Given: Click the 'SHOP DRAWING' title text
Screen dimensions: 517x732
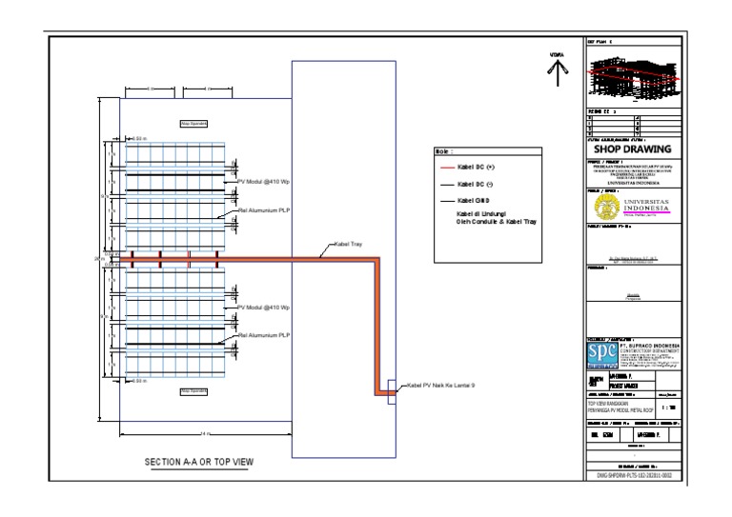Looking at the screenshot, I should [633, 149].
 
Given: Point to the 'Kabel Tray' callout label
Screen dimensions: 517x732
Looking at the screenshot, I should [348, 246].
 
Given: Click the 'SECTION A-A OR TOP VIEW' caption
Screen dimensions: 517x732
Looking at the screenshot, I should [199, 463].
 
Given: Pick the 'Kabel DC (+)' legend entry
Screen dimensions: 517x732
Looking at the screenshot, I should [477, 167].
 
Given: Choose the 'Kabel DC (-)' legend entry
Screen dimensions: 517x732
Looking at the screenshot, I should [476, 184].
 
